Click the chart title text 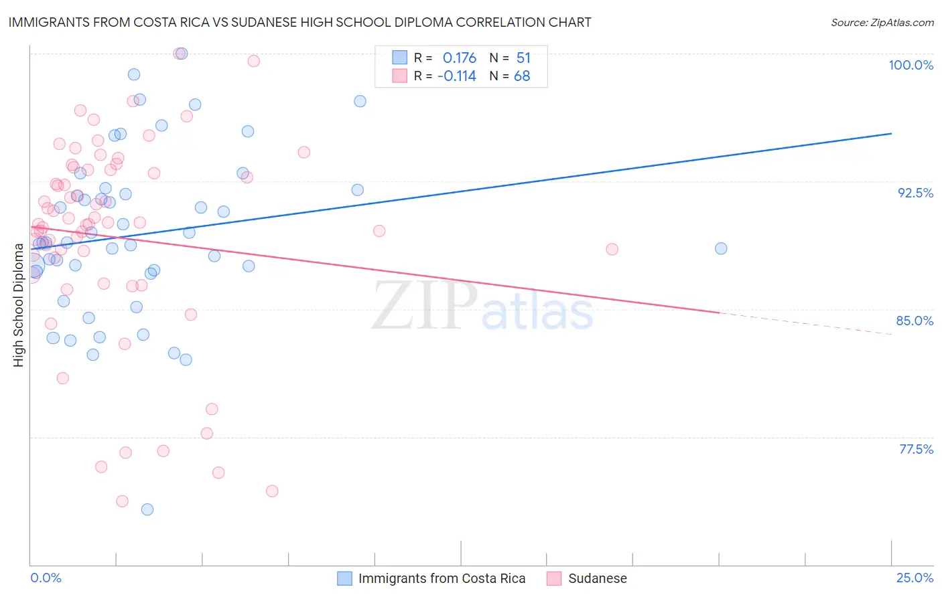[299, 22]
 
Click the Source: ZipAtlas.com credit [882, 23]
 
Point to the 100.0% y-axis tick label [911, 65]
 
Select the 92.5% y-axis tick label [915, 193]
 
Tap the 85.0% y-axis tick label [915, 321]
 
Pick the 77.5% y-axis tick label [916, 449]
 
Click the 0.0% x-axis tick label [46, 578]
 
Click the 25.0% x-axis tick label [915, 578]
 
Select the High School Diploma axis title [19, 305]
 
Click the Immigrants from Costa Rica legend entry [442, 579]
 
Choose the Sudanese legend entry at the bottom [597, 579]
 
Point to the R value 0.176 [460, 58]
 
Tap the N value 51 [523, 58]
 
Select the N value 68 [522, 76]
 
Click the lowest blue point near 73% [147, 509]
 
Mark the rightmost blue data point [721, 248]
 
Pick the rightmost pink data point [612, 249]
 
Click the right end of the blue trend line [891, 134]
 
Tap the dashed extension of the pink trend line [804, 323]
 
